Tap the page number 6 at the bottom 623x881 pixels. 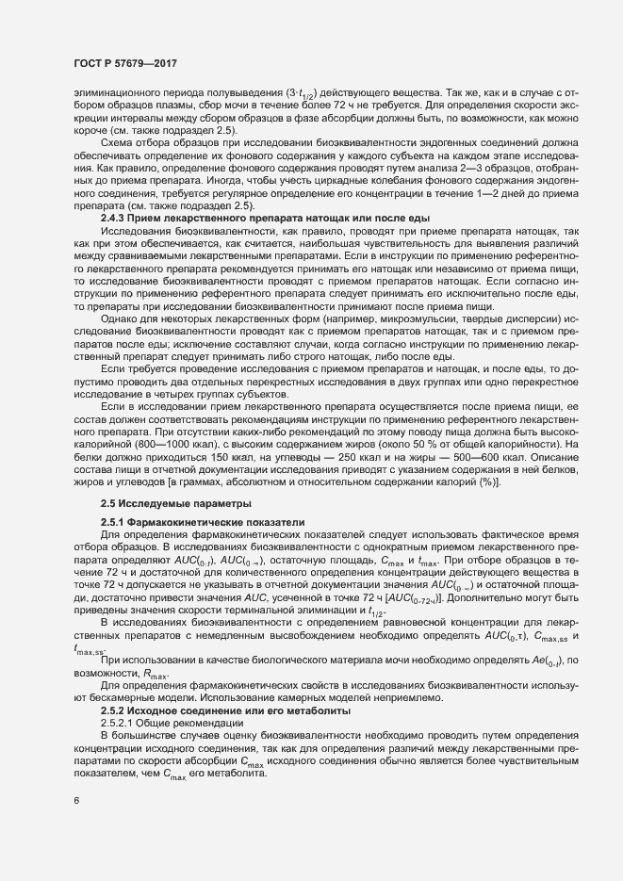76,802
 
